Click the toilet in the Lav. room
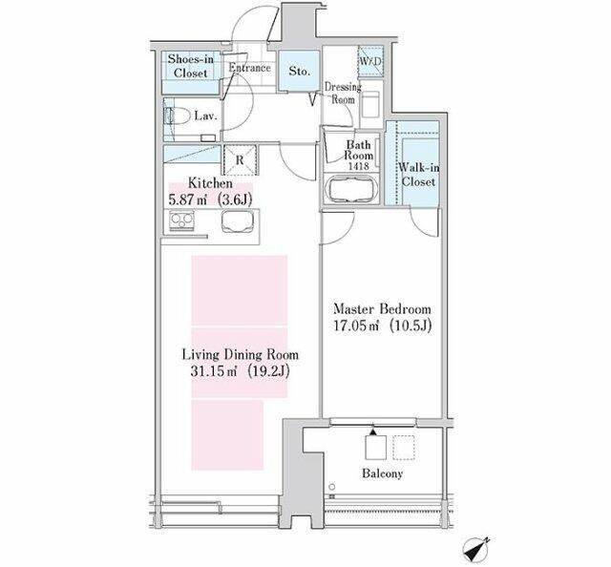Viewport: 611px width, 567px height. click(178, 115)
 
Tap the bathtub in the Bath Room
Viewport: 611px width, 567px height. click(352, 189)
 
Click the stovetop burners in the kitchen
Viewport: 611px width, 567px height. click(181, 220)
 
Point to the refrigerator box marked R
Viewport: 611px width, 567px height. click(240, 159)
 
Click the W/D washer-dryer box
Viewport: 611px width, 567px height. click(370, 61)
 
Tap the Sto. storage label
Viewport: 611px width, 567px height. click(299, 72)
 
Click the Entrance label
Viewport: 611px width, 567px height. click(249, 68)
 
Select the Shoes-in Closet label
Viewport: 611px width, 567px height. click(191, 66)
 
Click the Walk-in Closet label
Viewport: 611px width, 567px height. click(418, 175)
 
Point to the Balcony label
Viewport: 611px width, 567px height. click(382, 473)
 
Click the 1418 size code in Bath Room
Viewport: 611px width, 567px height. click(359, 166)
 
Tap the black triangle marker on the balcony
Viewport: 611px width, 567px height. click(373, 431)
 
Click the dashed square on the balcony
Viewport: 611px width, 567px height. click(404, 448)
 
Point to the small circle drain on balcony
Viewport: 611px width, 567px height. click(331, 486)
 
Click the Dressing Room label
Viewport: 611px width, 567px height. click(343, 94)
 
